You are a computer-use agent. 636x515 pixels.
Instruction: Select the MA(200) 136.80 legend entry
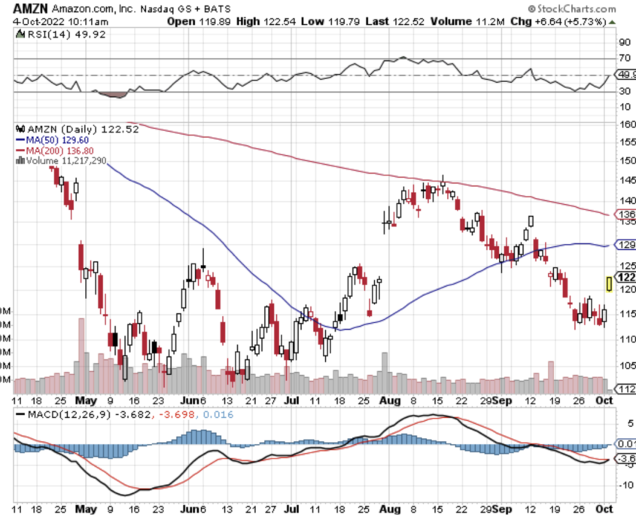click(64, 150)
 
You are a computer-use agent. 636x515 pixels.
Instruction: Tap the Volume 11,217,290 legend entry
click(66, 160)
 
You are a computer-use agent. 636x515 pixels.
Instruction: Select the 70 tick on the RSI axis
click(624, 58)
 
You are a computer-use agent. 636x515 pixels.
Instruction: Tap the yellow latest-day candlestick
click(608, 284)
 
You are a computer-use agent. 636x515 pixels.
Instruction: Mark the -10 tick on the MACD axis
click(625, 484)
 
